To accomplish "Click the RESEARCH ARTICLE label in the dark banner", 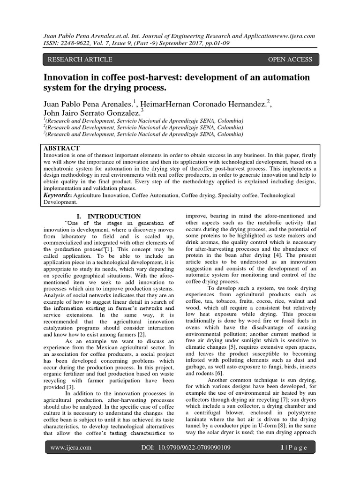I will click(78, 60).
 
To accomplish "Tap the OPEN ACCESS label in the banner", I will click(290, 60).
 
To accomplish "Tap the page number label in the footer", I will click(291, 461).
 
